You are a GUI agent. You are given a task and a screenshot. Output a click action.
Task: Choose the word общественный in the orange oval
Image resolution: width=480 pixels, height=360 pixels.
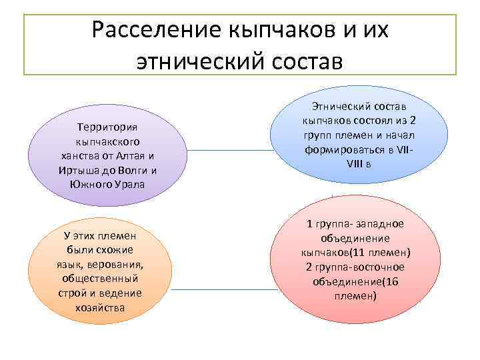[99, 278]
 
